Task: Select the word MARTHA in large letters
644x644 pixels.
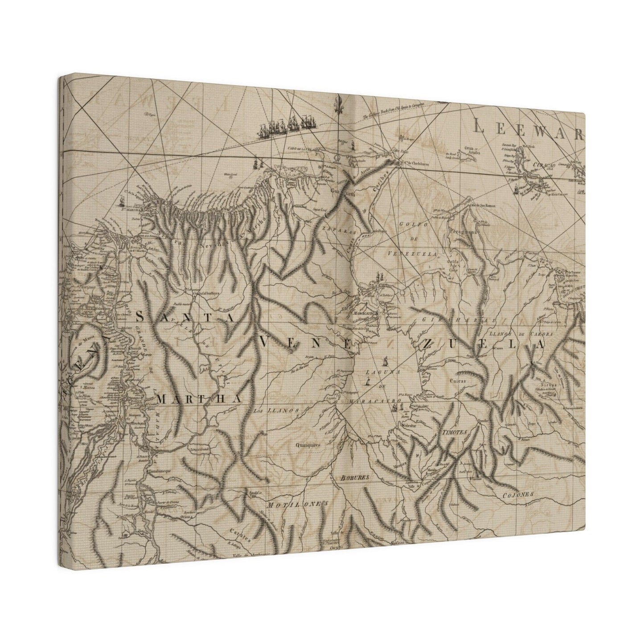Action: pos(199,399)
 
